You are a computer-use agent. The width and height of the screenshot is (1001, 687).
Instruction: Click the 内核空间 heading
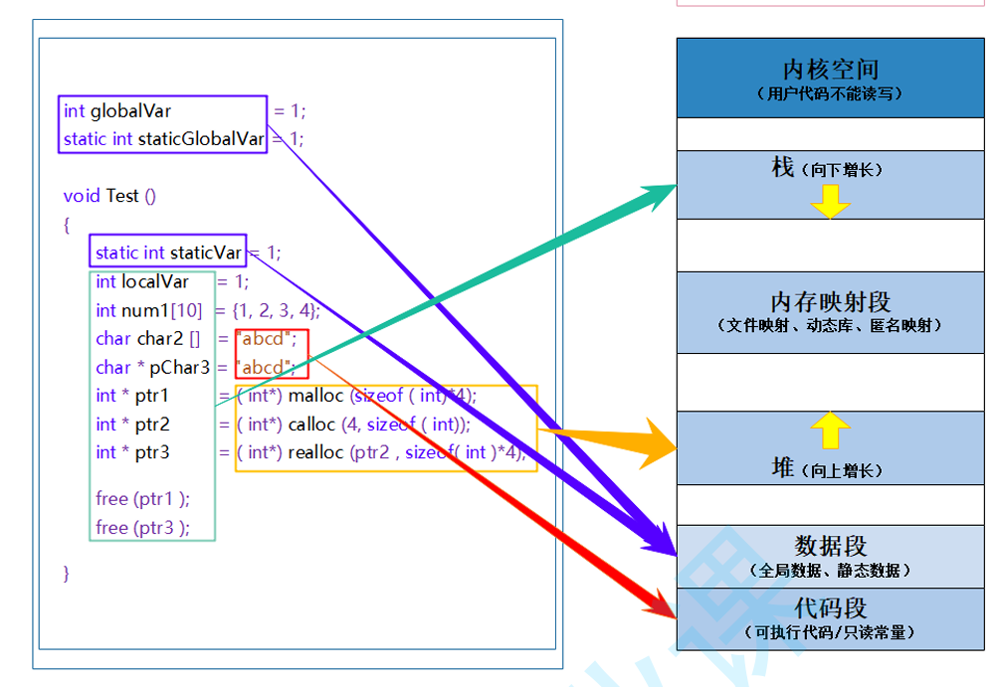point(831,70)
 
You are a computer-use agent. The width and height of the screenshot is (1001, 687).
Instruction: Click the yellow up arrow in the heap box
point(830,429)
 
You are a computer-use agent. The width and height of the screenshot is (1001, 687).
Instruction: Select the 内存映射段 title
point(830,301)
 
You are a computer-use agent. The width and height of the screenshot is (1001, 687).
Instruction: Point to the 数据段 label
point(830,546)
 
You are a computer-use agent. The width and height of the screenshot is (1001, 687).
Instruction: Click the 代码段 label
point(830,607)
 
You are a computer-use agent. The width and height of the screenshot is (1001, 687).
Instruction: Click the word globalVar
point(130,111)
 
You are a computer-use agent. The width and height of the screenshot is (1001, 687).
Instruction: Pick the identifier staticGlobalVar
point(201,139)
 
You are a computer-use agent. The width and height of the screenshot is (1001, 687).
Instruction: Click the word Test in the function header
point(122,196)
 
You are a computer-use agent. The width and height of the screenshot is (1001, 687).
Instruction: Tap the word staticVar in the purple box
point(206,253)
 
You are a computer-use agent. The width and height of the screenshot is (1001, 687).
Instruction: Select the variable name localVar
point(155,281)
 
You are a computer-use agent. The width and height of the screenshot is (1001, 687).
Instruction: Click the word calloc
point(311,425)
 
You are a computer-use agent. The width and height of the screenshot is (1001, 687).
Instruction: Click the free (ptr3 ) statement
point(143,528)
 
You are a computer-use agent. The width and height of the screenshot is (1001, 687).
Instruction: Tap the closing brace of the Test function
point(67,573)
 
